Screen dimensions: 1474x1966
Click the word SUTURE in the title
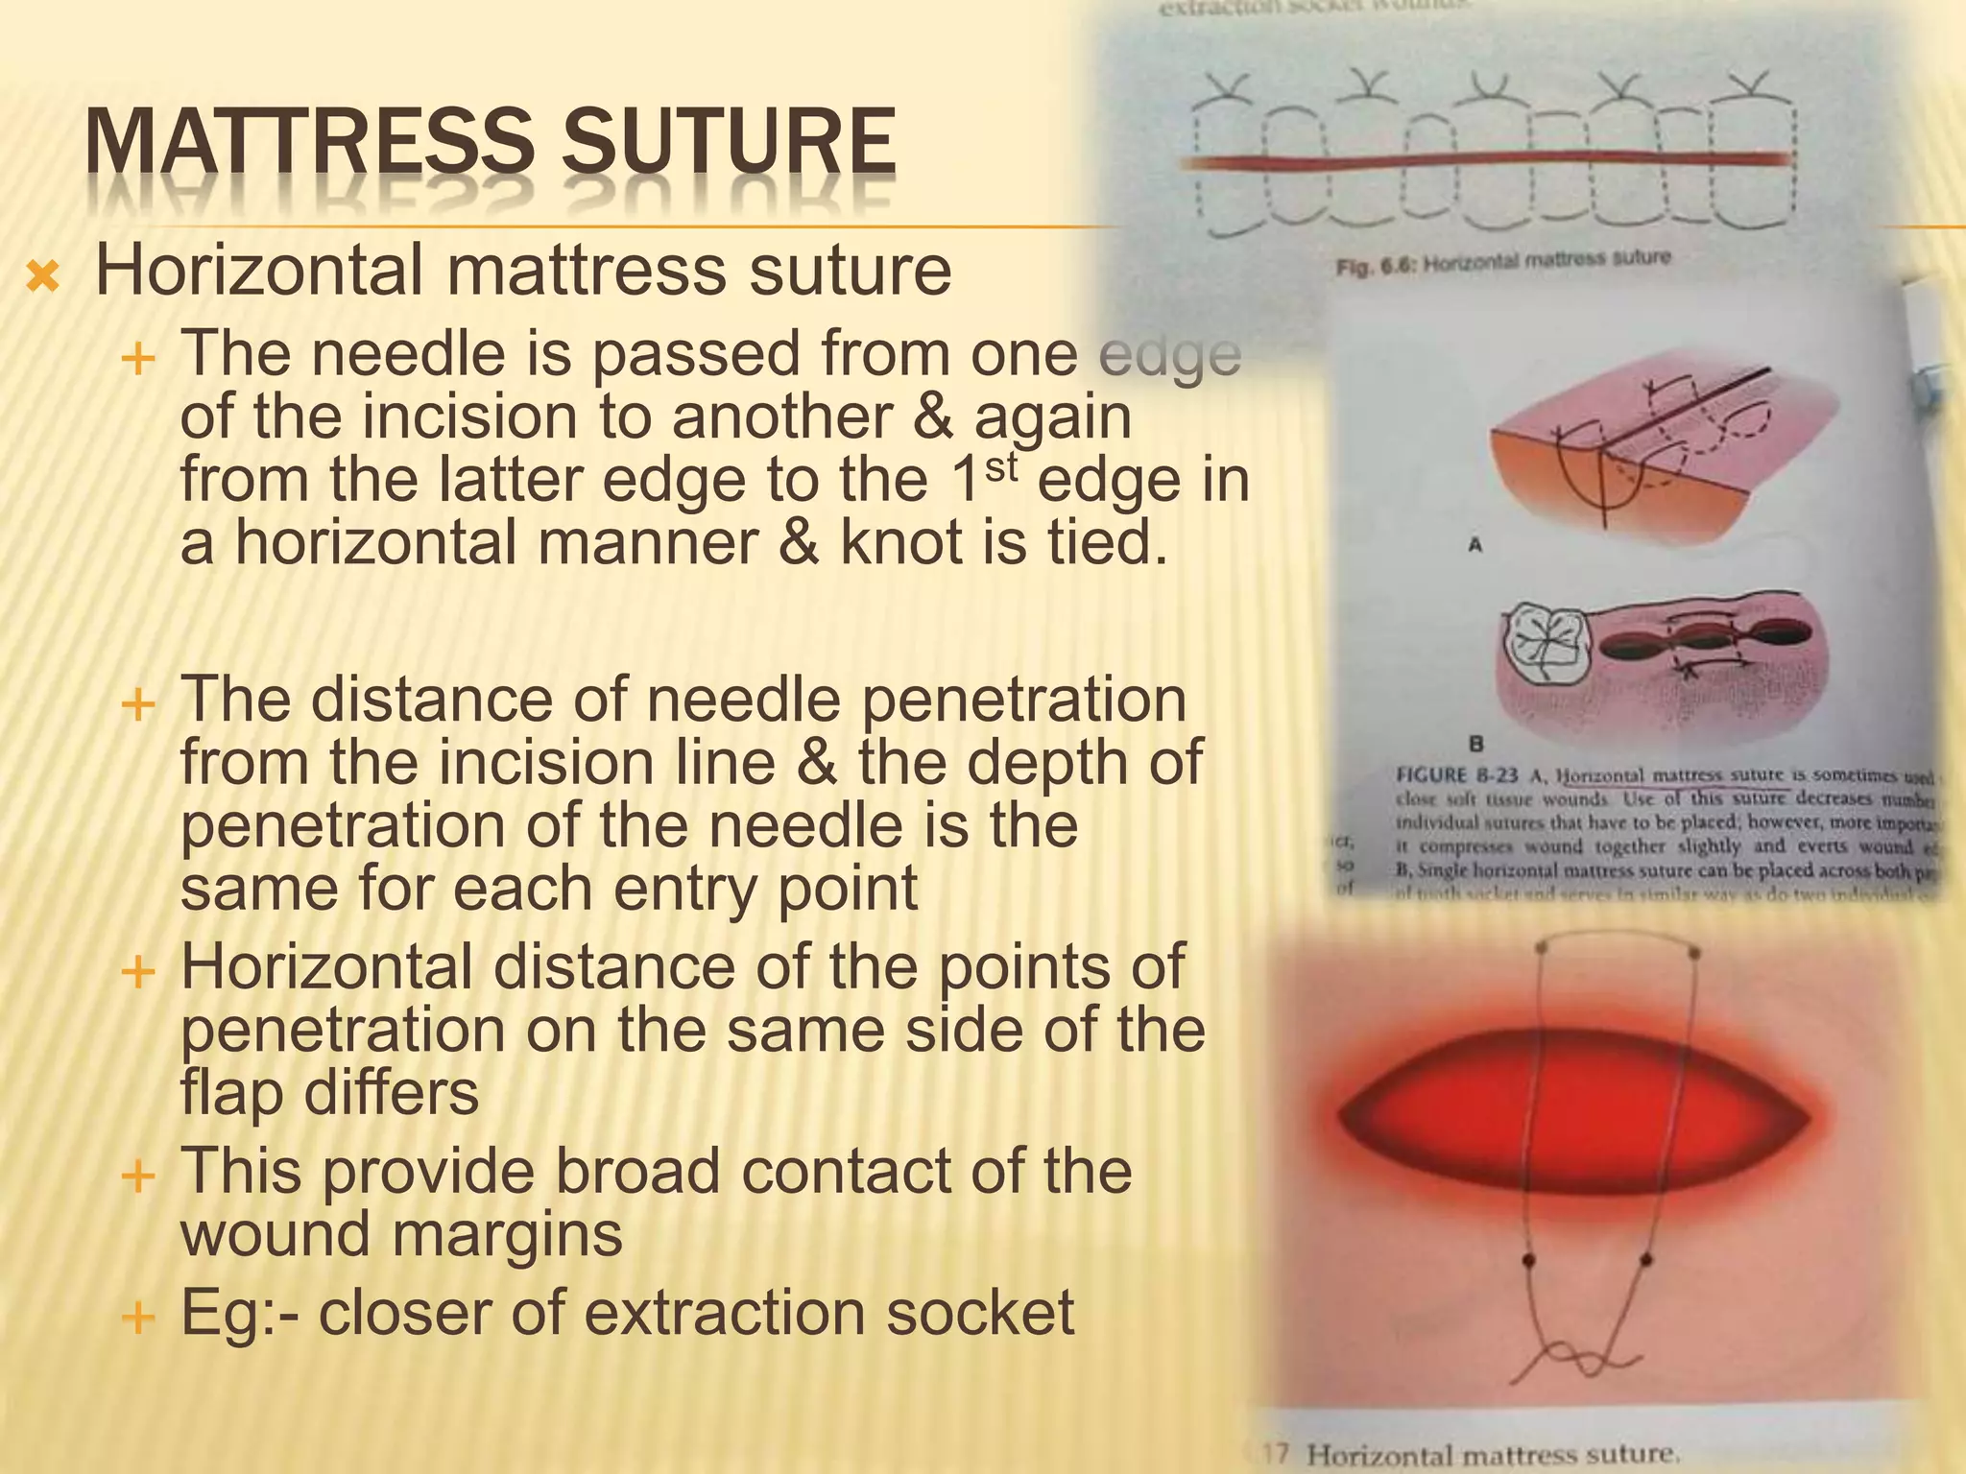(x=729, y=143)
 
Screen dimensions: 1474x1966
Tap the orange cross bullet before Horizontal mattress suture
(x=43, y=278)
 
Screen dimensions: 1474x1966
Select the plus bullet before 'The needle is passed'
(x=139, y=360)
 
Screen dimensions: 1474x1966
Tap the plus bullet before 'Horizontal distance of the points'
(x=139, y=971)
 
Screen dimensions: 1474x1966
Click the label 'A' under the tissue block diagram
(x=1475, y=545)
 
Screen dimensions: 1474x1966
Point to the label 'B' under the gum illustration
(x=1476, y=743)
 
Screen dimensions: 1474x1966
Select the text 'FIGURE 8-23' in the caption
(x=1456, y=775)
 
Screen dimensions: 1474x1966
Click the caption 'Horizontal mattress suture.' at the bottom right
(x=1493, y=1455)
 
